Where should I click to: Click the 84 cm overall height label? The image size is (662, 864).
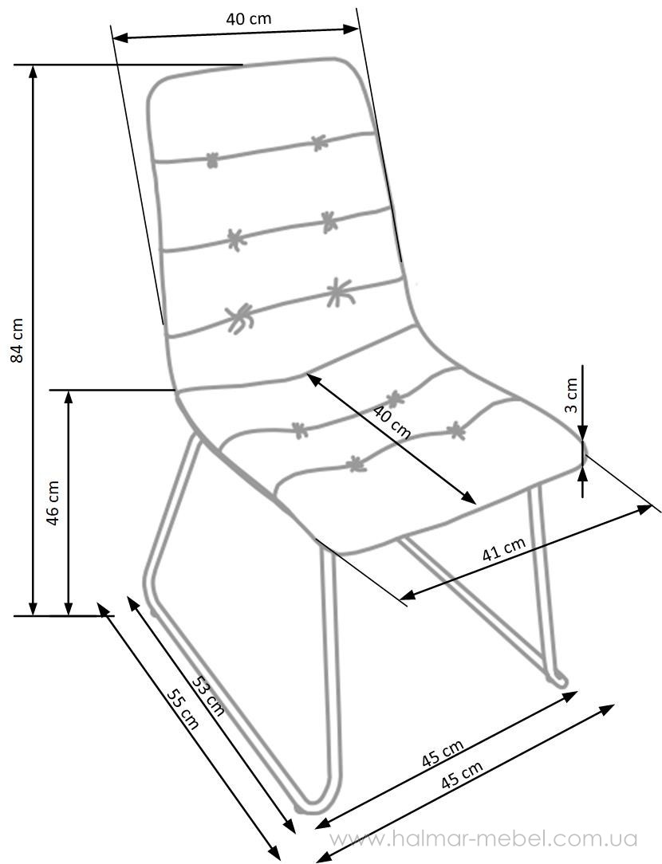point(18,339)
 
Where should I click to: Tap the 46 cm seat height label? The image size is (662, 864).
point(53,502)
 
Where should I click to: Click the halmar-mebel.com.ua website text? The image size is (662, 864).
point(484,838)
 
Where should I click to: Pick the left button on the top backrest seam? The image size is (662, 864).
point(212,160)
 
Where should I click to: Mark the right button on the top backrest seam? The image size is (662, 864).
point(319,143)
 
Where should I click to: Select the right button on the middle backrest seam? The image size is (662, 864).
point(329,221)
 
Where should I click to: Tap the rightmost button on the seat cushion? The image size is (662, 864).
point(455,430)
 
